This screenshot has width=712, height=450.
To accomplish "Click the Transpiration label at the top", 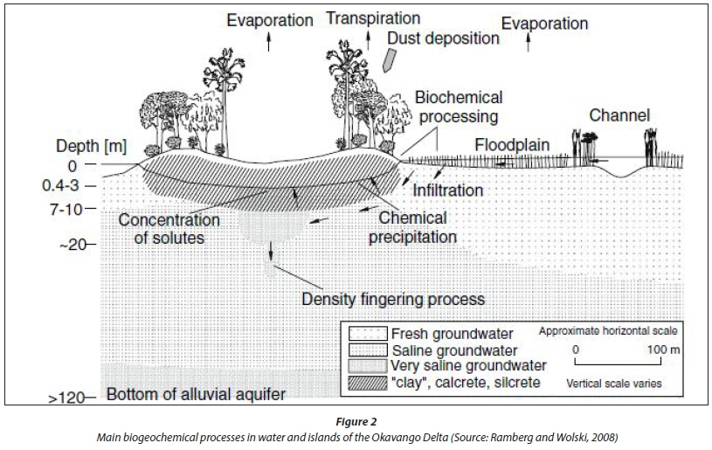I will tap(372, 18).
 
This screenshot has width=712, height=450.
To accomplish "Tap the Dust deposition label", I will tap(443, 38).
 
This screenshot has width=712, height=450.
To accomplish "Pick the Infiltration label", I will tap(448, 189).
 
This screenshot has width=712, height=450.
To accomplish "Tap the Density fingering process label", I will tap(392, 299).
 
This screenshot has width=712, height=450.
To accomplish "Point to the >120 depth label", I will tap(71, 398).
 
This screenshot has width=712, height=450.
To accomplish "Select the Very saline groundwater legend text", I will tap(468, 365).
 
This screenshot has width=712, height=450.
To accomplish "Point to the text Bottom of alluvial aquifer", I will tap(196, 395).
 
